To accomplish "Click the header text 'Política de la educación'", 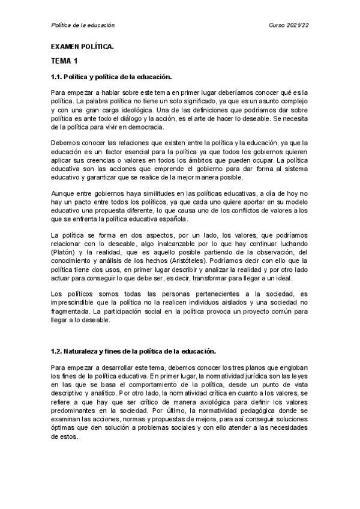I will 82,25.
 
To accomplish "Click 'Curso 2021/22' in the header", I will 290,25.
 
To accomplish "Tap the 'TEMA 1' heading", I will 64,61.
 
